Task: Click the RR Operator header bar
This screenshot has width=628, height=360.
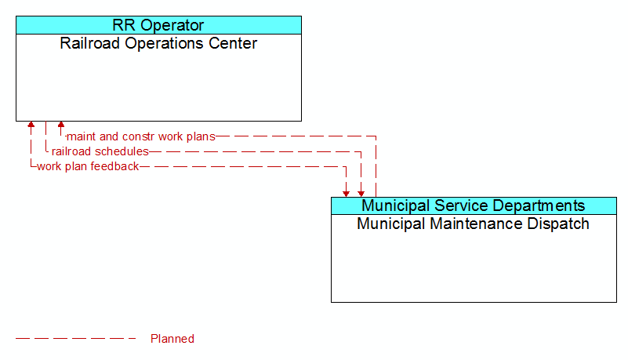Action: coord(158,25)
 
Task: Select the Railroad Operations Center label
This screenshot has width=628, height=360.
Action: coord(158,43)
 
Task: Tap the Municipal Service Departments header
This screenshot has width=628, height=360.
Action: coord(474,205)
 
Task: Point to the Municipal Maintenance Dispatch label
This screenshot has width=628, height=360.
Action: coord(473,224)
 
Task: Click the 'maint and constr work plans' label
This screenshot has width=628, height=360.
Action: coord(141,136)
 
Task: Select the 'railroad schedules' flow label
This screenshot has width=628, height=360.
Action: coord(100,151)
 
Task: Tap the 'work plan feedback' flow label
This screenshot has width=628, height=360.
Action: coord(88,166)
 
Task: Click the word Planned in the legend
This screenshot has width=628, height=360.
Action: coord(172,339)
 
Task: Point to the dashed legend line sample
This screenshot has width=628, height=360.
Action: coord(76,339)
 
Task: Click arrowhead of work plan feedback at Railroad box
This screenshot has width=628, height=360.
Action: coord(31,125)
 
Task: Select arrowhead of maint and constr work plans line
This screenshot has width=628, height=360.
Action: coord(61,125)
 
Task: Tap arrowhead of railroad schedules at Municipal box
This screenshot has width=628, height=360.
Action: coord(361,194)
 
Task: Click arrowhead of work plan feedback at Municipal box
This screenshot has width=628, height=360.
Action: coord(346,194)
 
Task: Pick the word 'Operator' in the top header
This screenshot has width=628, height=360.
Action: coord(172,25)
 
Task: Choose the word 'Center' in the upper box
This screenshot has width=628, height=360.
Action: coord(233,43)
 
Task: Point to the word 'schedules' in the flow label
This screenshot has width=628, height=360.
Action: coord(125,151)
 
